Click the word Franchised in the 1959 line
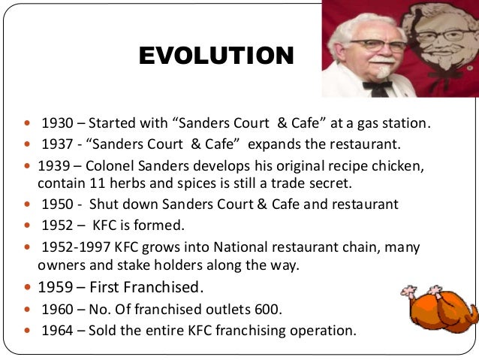[164, 286]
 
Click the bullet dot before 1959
[29, 287]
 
